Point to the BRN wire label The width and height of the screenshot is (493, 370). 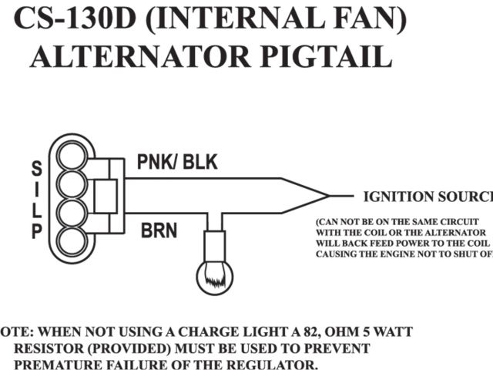coord(159,230)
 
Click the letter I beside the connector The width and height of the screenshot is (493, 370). coord(36,189)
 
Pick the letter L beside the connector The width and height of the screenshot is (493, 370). coord(36,210)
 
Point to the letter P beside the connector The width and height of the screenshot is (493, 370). coord(36,230)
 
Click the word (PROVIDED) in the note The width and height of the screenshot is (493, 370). coord(116,348)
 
